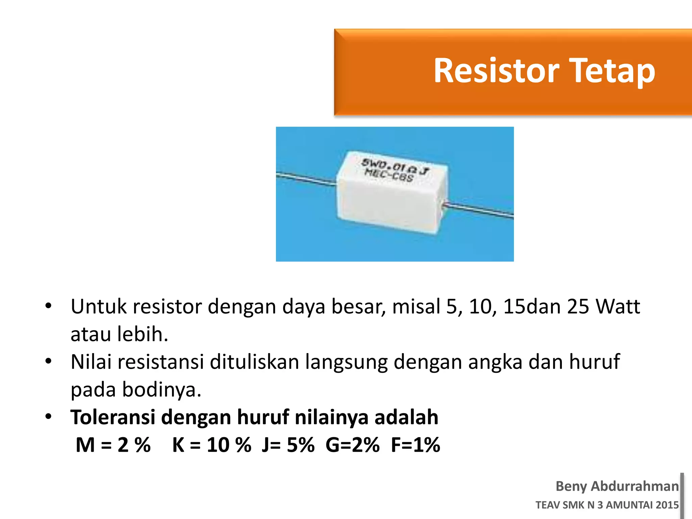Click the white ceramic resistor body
(x=389, y=203)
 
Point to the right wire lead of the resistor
(x=480, y=210)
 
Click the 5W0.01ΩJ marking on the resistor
(x=395, y=167)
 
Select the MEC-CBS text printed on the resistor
(x=389, y=175)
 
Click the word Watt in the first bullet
(x=617, y=307)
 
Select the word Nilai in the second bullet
(x=91, y=362)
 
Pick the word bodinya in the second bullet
(x=162, y=390)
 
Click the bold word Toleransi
(x=113, y=417)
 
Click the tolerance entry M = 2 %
(x=113, y=445)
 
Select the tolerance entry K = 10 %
(x=212, y=445)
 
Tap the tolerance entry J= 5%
(x=288, y=445)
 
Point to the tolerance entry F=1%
(x=415, y=445)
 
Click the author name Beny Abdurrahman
(x=617, y=486)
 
